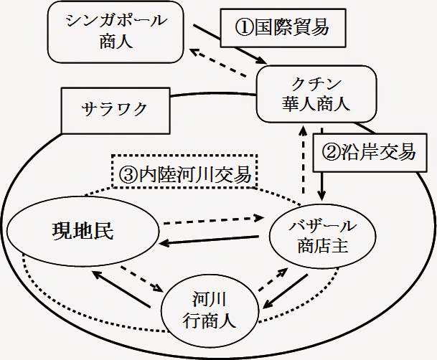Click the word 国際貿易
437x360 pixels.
point(294,28)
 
